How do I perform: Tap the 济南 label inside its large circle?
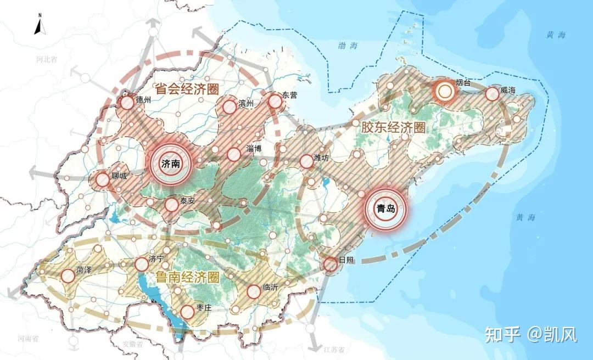170,164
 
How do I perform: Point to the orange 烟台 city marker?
444,92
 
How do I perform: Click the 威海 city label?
508,91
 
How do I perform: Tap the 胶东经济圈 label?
393,127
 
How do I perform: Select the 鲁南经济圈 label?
187,277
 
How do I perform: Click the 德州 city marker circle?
127,103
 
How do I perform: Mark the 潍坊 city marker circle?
307,161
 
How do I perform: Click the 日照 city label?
346,260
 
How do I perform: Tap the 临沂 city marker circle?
253,292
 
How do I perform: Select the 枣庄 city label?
204,308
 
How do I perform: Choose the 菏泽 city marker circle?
68,276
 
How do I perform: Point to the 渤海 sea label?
348,46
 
